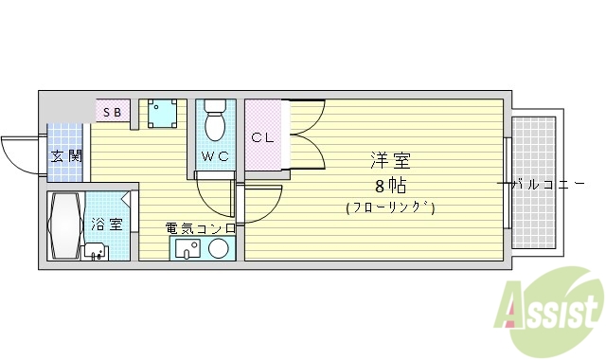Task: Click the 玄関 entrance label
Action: click(x=66, y=155)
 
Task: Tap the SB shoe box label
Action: click(x=113, y=112)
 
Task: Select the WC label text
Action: click(x=215, y=156)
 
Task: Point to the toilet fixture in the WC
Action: click(x=215, y=119)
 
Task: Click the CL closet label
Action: click(x=262, y=137)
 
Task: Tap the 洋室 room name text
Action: click(x=389, y=161)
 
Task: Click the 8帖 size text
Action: click(x=389, y=184)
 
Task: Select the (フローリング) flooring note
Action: click(x=389, y=207)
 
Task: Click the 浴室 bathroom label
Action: click(x=106, y=225)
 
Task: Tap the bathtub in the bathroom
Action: click(x=65, y=227)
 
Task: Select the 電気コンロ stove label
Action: click(x=201, y=228)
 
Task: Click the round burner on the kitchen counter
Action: click(x=219, y=249)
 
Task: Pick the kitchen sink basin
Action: click(x=186, y=249)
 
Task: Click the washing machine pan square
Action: click(x=162, y=114)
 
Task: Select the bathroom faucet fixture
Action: click(x=95, y=251)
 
